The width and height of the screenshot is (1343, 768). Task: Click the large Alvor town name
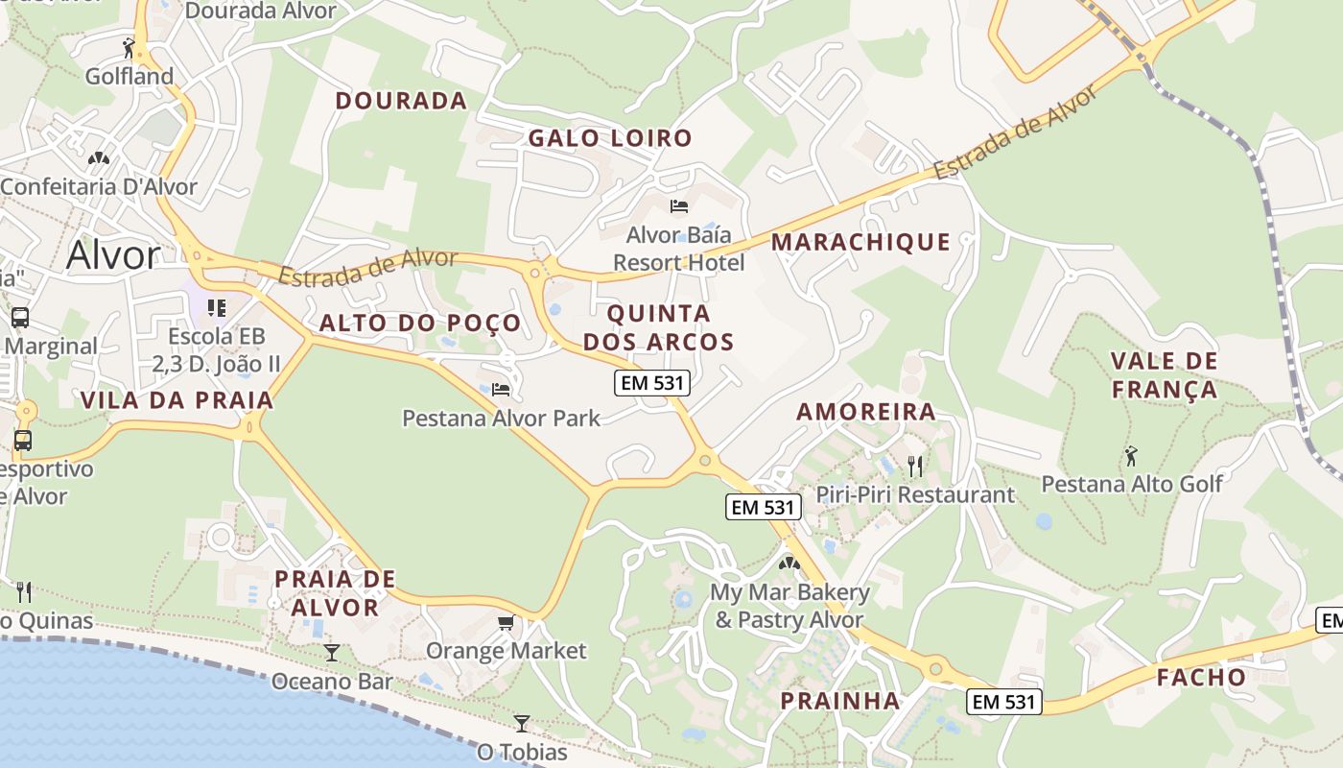pyautogui.click(x=113, y=255)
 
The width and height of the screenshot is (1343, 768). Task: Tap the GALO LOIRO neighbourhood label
pyautogui.click(x=610, y=138)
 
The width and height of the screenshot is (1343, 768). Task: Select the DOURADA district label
pyautogui.click(x=401, y=101)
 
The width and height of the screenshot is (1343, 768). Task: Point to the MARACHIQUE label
pyautogui.click(x=860, y=242)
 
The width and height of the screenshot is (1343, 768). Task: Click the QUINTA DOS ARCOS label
pyautogui.click(x=658, y=327)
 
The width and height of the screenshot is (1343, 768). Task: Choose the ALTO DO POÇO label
pyautogui.click(x=420, y=323)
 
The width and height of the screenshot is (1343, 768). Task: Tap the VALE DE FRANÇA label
pyautogui.click(x=1164, y=375)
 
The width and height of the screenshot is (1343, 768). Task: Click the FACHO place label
pyautogui.click(x=1201, y=678)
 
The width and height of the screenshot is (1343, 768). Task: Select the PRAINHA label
pyautogui.click(x=840, y=701)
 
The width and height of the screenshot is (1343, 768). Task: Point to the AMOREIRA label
pyautogui.click(x=866, y=412)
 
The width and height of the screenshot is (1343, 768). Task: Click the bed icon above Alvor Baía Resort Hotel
pyautogui.click(x=679, y=206)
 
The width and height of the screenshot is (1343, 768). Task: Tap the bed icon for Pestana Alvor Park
pyautogui.click(x=501, y=390)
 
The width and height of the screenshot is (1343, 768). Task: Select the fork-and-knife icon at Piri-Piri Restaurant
pyautogui.click(x=915, y=467)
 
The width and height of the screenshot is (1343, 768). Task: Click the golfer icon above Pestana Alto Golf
pyautogui.click(x=1131, y=455)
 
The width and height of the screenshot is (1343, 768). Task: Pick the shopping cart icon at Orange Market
pyautogui.click(x=506, y=623)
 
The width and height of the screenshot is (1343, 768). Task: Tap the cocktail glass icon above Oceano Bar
pyautogui.click(x=332, y=653)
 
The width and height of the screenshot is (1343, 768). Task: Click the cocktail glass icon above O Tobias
pyautogui.click(x=522, y=723)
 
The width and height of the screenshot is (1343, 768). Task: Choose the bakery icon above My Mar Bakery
pyautogui.click(x=789, y=564)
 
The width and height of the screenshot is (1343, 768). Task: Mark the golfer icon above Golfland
pyautogui.click(x=130, y=47)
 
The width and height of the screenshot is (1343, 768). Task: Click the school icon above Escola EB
pyautogui.click(x=217, y=308)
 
